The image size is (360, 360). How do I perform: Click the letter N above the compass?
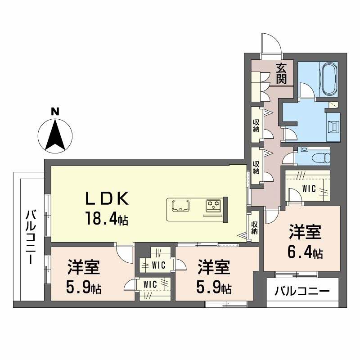55,112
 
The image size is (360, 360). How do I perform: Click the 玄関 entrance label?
281,73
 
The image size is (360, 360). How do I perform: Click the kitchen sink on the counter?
181,206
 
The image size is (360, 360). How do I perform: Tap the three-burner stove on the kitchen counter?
213,204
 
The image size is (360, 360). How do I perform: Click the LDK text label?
107,199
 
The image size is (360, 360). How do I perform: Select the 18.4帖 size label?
107,218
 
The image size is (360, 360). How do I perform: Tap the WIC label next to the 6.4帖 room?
309,189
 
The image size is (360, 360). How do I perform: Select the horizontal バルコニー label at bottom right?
302,292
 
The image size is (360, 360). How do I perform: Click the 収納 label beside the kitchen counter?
254,227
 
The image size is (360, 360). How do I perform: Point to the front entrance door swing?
271,44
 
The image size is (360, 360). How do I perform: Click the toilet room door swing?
288,158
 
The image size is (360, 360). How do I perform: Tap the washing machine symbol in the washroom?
333,127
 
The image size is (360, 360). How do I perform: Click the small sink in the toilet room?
305,149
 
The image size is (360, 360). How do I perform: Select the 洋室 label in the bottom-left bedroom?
84,267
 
